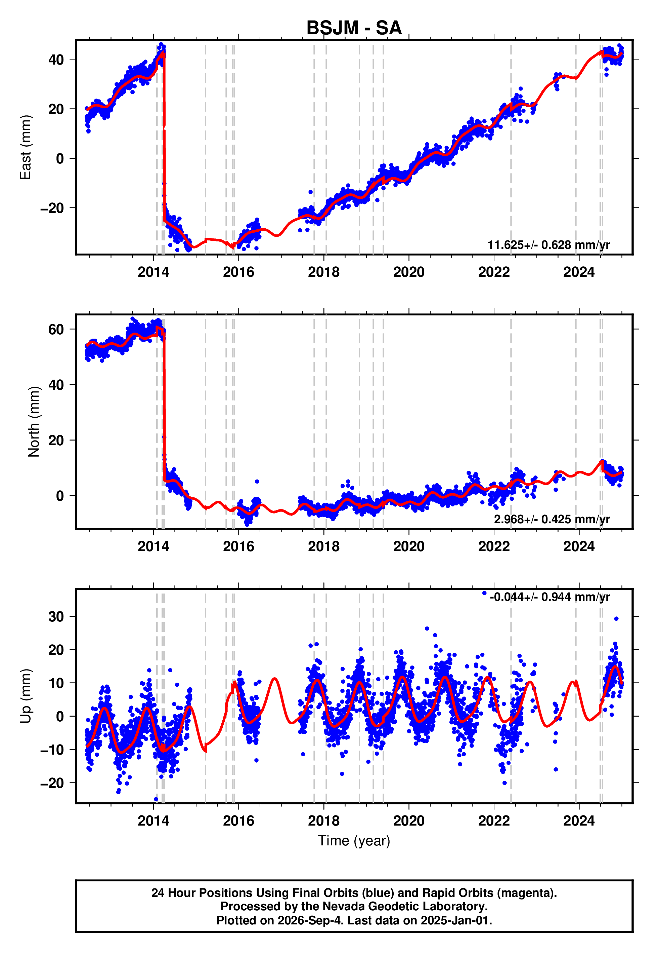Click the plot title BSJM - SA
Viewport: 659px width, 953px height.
tap(354, 28)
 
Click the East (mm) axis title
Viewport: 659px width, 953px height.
tap(26, 147)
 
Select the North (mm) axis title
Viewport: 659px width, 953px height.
tap(34, 422)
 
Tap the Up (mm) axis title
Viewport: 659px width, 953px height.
tap(26, 696)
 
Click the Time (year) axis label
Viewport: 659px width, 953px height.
tap(354, 841)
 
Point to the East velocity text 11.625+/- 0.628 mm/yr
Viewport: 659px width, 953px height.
tap(549, 245)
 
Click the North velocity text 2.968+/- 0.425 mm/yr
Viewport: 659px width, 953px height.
tap(552, 519)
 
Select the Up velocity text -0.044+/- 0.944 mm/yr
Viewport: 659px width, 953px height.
tap(550, 597)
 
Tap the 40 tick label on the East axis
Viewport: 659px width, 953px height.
tap(56, 60)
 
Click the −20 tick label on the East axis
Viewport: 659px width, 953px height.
tap(52, 208)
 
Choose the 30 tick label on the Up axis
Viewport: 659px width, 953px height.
tap(56, 617)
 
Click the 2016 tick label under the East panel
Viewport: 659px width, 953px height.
tap(239, 272)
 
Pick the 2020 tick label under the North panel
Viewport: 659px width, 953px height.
tap(409, 546)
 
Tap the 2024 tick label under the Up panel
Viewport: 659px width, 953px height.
tap(579, 821)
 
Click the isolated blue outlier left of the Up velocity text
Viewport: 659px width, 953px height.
tap(484, 593)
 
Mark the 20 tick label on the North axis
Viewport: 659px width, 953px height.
tap(56, 441)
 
